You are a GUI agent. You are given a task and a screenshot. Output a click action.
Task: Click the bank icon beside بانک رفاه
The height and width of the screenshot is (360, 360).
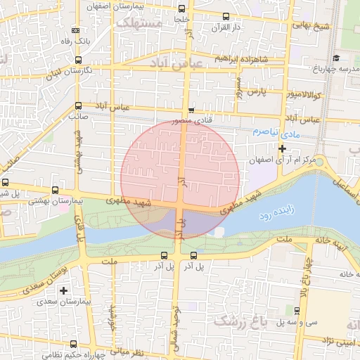(x=76, y=31)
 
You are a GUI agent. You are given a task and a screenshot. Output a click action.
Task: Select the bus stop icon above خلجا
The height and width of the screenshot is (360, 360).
(x=182, y=9)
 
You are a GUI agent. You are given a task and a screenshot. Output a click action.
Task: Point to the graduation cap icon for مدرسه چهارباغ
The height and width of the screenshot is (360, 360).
(x=336, y=58)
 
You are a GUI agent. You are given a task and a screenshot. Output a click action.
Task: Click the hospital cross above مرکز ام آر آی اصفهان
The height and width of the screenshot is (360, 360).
(x=283, y=148)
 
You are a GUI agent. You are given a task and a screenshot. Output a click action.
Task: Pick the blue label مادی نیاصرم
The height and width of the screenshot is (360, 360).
(x=271, y=131)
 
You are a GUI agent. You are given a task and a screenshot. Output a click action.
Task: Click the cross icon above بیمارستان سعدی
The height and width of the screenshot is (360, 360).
(x=64, y=290)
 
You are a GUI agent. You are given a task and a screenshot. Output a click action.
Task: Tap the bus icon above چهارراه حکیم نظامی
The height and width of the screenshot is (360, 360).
(x=74, y=344)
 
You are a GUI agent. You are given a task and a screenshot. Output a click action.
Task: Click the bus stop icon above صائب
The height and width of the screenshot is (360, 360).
(x=77, y=106)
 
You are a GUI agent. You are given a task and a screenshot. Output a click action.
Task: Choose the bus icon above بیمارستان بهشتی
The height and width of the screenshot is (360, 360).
(x=56, y=190)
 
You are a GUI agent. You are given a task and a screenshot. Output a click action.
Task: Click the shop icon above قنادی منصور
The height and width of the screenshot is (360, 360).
(x=191, y=110)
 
